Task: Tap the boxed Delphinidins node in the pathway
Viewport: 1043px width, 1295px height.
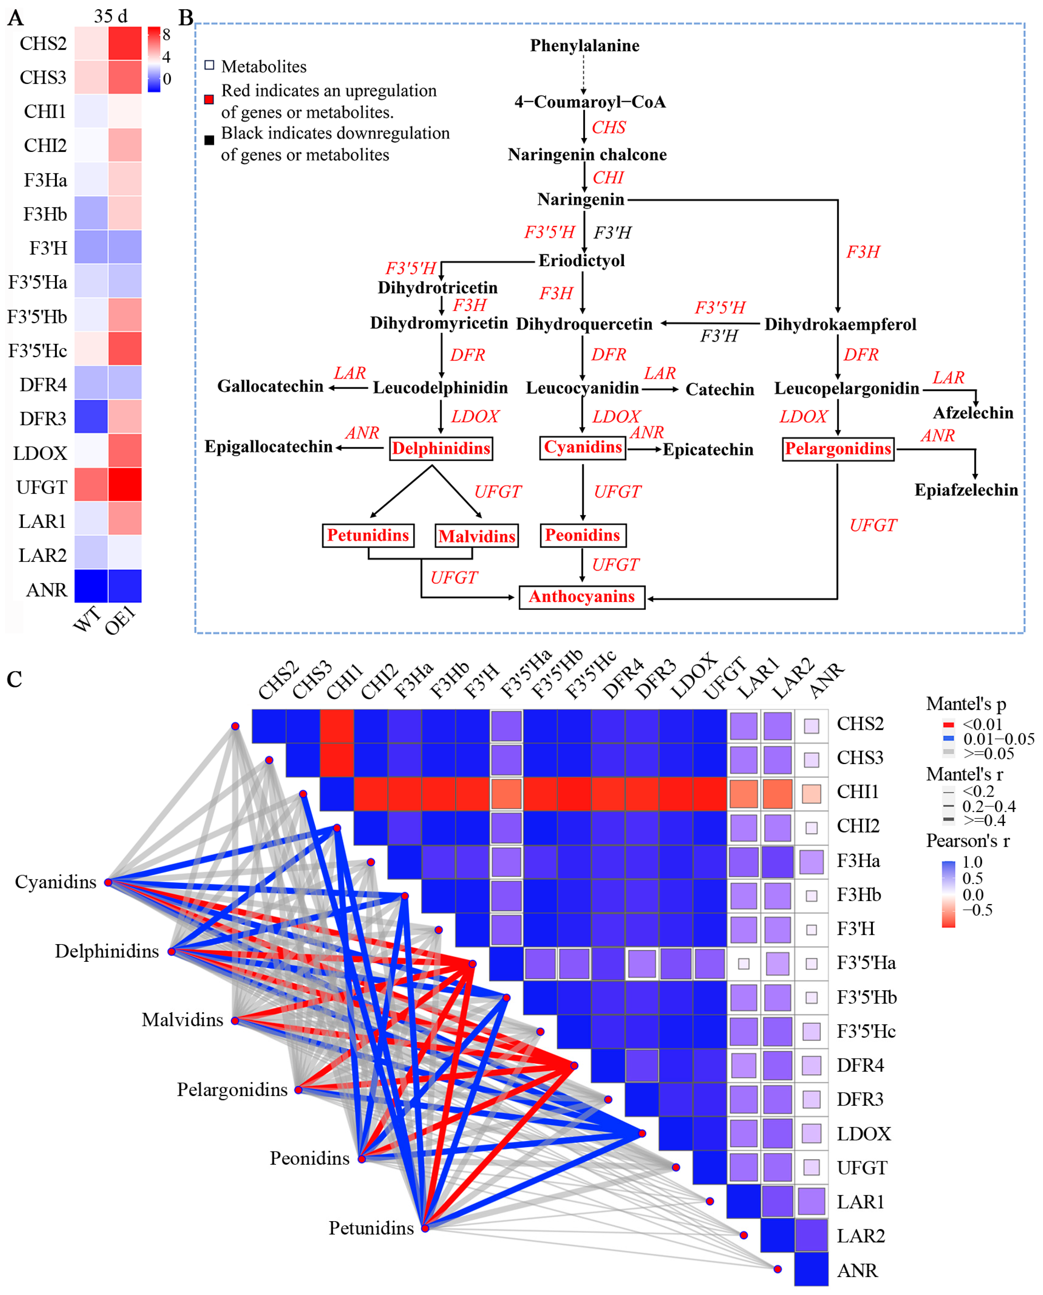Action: tap(441, 448)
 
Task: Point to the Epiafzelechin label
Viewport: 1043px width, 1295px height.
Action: tap(966, 490)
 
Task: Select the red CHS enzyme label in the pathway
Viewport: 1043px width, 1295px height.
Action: tap(608, 127)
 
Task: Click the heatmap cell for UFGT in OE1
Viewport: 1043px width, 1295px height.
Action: tap(125, 484)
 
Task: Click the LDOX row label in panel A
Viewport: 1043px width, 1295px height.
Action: tap(40, 453)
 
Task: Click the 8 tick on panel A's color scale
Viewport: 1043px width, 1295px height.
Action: tap(167, 35)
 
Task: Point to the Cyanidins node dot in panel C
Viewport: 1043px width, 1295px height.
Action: tap(108, 882)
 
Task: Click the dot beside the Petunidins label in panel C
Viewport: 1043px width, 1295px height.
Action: tap(425, 1228)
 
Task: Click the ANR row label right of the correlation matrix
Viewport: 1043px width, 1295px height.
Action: tap(858, 1270)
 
